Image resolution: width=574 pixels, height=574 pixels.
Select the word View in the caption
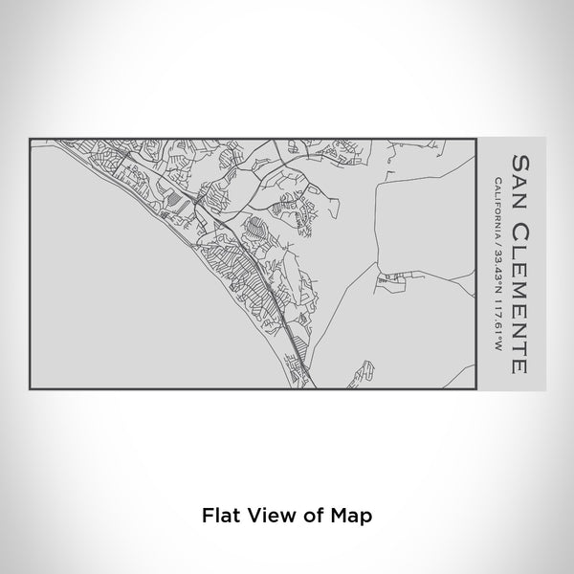(x=271, y=515)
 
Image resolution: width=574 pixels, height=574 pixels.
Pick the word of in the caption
(x=316, y=515)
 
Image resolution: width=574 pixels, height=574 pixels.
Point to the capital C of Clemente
(x=519, y=224)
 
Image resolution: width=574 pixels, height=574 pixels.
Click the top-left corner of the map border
(x=31, y=139)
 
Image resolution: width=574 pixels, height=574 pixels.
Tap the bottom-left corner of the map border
(x=31, y=389)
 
